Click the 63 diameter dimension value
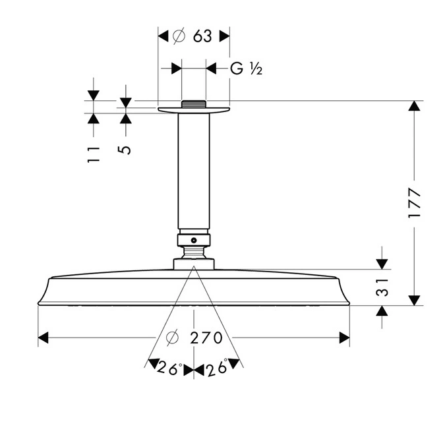pyautogui.click(x=202, y=36)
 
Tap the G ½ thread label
pyautogui.click(x=246, y=69)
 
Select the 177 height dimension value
pyautogui.click(x=414, y=202)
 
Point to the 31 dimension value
pyautogui.click(x=382, y=287)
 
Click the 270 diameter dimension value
pyautogui.click(x=206, y=338)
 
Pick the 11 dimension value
pyautogui.click(x=94, y=154)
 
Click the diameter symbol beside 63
pyautogui.click(x=179, y=36)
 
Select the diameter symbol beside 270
pyautogui.click(x=172, y=338)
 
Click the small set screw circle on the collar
pyautogui.click(x=194, y=241)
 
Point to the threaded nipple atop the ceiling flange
pyautogui.click(x=194, y=104)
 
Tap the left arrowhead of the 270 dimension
pyautogui.click(x=43, y=338)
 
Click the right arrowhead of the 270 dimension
pyautogui.click(x=345, y=338)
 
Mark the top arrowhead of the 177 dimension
pyautogui.click(x=415, y=106)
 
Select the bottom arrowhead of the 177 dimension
pyautogui.click(x=415, y=301)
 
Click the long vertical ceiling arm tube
pyautogui.click(x=194, y=171)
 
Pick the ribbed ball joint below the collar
pyautogui.click(x=194, y=252)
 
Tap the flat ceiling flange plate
pyautogui.click(x=194, y=110)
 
